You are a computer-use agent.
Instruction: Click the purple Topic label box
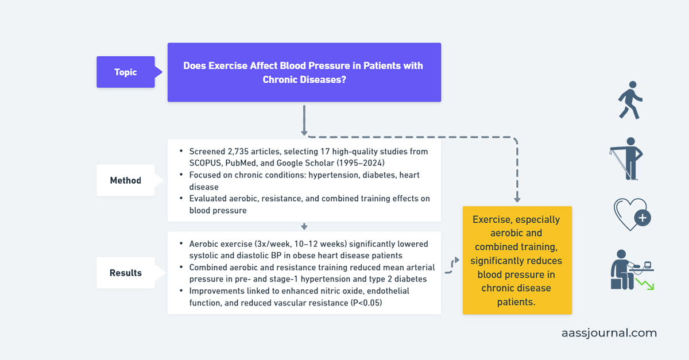pos(125,72)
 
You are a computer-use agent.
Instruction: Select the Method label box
pos(125,180)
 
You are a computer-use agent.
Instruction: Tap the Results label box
pos(125,273)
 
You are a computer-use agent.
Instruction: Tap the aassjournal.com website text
pos(609,333)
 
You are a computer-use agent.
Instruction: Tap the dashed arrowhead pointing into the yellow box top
pos(517,198)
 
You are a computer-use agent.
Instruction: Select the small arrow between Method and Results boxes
pos(304,227)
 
